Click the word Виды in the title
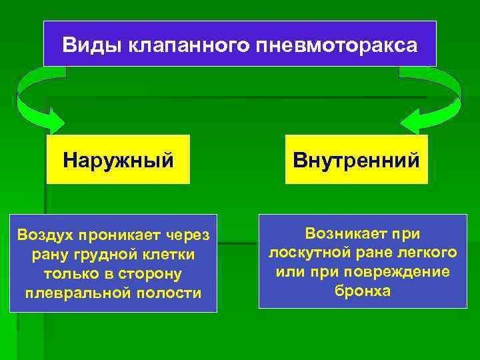[83, 45]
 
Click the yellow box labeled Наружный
[118, 160]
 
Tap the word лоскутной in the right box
[305, 253]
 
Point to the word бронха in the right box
[363, 291]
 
